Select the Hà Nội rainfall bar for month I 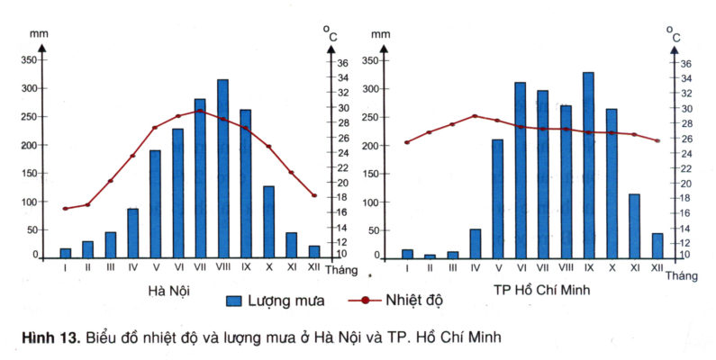tap(65, 253)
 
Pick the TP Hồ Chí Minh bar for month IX tap(588, 166)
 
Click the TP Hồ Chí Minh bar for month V tap(497, 199)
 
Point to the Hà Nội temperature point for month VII tap(200, 111)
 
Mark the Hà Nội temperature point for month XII tap(313, 194)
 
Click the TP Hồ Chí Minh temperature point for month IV tap(475, 115)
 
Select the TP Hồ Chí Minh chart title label tap(531, 290)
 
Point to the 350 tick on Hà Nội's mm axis tap(29, 60)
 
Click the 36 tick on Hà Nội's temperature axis tap(342, 63)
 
